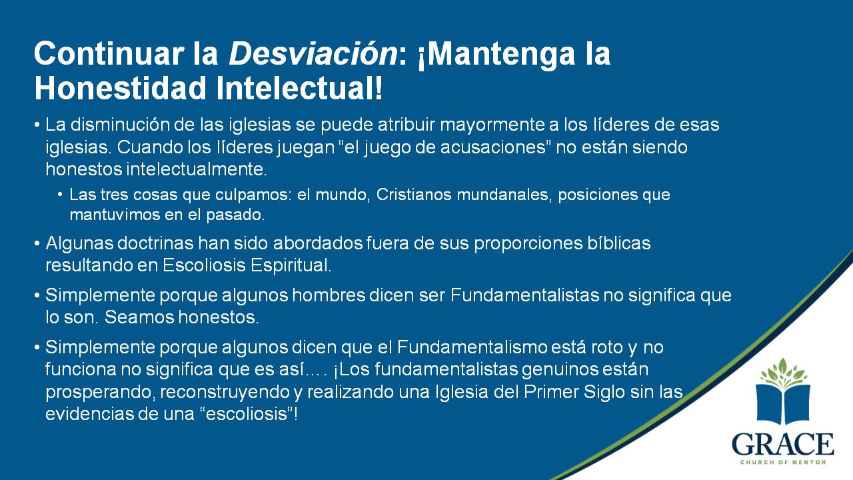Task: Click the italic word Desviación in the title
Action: click(x=313, y=54)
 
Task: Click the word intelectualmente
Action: click(x=196, y=169)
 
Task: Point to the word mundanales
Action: click(x=504, y=195)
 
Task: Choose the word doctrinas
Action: click(x=155, y=243)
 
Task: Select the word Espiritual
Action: click(x=291, y=266)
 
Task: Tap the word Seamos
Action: click(x=139, y=317)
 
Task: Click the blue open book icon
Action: click(x=783, y=405)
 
